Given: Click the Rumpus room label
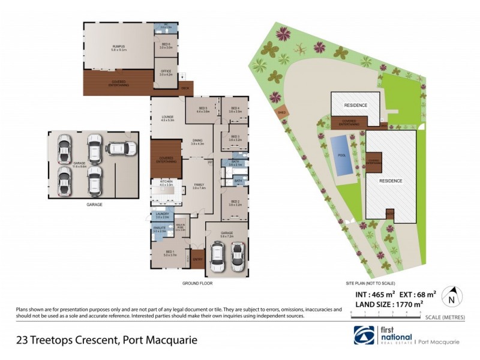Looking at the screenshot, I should (x=117, y=47).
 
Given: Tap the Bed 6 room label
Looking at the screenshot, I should (x=166, y=45).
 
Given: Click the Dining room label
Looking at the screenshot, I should (x=197, y=142).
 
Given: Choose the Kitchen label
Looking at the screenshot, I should (x=166, y=182).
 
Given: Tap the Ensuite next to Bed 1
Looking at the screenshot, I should (x=159, y=229).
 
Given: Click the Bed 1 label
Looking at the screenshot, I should (x=170, y=253).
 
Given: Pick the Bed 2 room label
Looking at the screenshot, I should (x=235, y=203).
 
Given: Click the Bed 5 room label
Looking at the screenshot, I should (x=202, y=110).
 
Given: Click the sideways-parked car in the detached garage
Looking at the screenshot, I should (x=122, y=148).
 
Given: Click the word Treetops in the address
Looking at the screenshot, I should (x=61, y=340).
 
